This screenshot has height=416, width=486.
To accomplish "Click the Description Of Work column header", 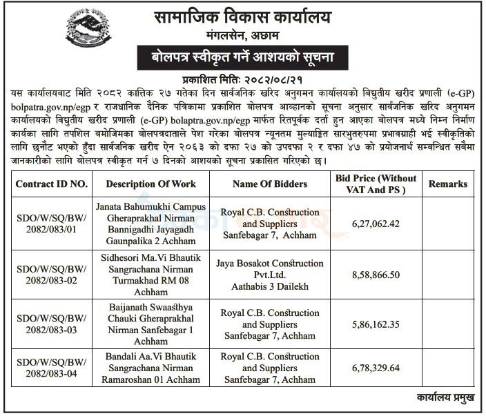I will click(151, 184).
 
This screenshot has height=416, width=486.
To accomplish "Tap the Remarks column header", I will click(447, 184).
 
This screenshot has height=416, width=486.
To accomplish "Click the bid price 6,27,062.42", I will click(376, 224).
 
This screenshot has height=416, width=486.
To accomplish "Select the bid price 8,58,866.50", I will click(376, 274).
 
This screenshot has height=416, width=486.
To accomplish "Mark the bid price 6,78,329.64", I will click(376, 368).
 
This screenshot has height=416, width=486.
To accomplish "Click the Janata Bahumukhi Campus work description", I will click(151, 224).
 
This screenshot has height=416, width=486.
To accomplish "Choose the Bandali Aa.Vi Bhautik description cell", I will click(151, 368).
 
